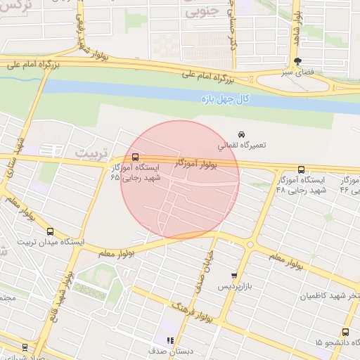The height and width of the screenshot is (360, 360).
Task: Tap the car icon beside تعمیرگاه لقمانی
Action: pyautogui.click(x=241, y=134)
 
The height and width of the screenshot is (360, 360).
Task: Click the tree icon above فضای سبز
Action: pyautogui.click(x=297, y=61)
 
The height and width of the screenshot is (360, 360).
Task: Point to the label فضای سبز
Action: pyautogui.click(x=297, y=72)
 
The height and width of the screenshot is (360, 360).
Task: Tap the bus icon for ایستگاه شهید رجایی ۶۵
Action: pyautogui.click(x=135, y=157)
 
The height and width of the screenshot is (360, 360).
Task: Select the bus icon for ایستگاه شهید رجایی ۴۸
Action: pyautogui.click(x=301, y=169)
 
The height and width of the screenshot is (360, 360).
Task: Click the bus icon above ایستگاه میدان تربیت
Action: pyautogui.click(x=50, y=231)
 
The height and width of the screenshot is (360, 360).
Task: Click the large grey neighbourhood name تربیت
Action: pyautogui.click(x=93, y=153)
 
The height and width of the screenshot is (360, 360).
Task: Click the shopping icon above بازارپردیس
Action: pyautogui.click(x=234, y=276)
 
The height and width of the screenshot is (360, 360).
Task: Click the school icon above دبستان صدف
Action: pyautogui.click(x=169, y=340)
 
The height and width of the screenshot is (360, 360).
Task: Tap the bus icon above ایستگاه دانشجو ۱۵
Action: pyautogui.click(x=345, y=332)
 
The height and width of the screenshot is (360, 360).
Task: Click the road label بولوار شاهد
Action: pyautogui.click(x=297, y=25)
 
